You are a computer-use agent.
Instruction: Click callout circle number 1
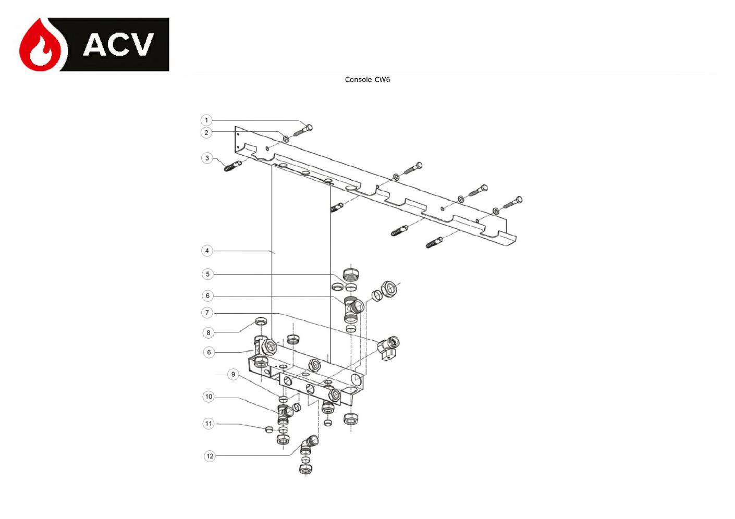pyautogui.click(x=206, y=120)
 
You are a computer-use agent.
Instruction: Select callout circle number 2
pyautogui.click(x=206, y=132)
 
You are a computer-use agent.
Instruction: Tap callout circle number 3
pyautogui.click(x=207, y=158)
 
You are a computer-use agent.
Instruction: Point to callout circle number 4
pyautogui.click(x=207, y=251)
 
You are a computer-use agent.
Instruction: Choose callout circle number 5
pyautogui.click(x=207, y=274)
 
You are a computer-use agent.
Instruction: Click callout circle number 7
pyautogui.click(x=207, y=313)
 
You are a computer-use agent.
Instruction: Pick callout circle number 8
pyautogui.click(x=208, y=332)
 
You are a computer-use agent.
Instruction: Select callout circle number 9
pyautogui.click(x=233, y=374)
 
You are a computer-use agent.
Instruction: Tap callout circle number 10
pyautogui.click(x=209, y=397)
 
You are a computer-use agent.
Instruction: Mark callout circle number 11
pyautogui.click(x=209, y=424)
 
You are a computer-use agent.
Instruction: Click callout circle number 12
pyautogui.click(x=210, y=456)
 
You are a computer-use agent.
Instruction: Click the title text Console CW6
pyautogui.click(x=367, y=79)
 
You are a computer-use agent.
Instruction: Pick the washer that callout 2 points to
pyautogui.click(x=286, y=139)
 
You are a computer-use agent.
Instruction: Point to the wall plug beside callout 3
pyautogui.click(x=232, y=166)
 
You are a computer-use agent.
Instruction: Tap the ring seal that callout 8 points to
pyautogui.click(x=261, y=321)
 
